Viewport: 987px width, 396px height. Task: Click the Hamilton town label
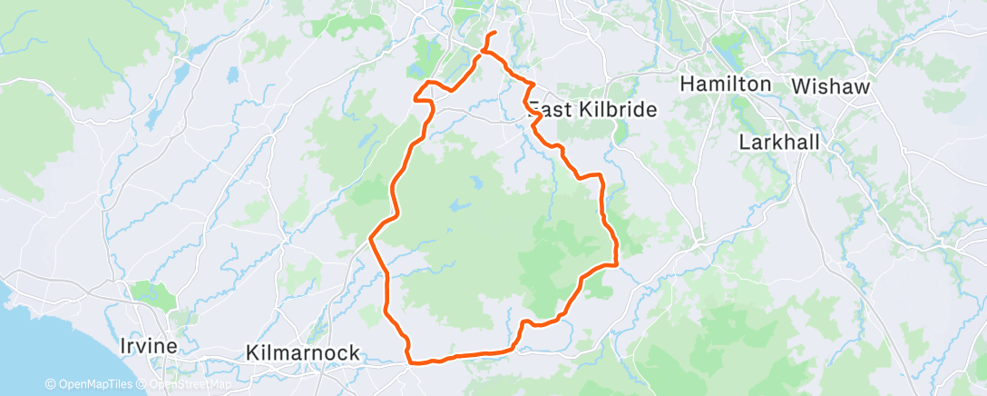tap(725, 84)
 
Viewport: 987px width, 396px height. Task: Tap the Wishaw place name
tap(831, 86)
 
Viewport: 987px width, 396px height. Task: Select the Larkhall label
tap(778, 143)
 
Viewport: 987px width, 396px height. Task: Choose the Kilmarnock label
tap(303, 351)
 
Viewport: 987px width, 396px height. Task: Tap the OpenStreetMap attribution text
tap(185, 384)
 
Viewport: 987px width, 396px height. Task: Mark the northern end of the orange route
tap(493, 34)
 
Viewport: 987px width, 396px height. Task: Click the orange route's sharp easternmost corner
tap(617, 265)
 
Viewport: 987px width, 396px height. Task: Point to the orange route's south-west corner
tap(414, 362)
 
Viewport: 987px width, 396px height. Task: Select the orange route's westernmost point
tap(370, 240)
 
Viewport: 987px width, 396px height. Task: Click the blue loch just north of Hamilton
tap(726, 45)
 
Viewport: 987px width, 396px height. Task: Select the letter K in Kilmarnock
tap(252, 351)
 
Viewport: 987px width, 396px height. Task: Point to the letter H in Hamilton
tap(686, 84)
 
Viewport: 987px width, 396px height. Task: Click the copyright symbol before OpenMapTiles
tap(51, 384)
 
